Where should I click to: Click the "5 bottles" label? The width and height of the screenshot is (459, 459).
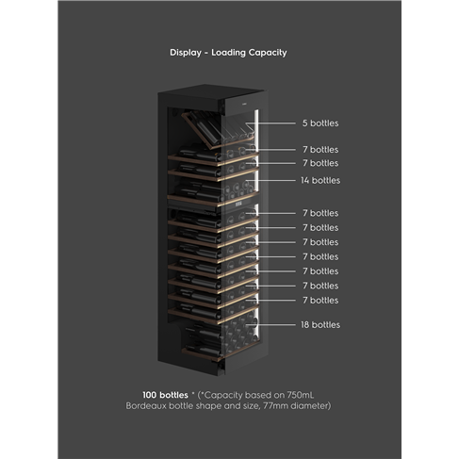pos(320,123)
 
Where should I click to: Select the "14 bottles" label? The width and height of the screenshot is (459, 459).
pos(320,180)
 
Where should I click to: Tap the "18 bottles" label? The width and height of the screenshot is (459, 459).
pos(320,324)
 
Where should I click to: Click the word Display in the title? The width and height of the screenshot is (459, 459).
pos(186,53)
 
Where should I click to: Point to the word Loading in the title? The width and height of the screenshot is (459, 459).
pos(228,53)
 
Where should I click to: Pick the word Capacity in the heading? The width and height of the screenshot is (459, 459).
pos(268,53)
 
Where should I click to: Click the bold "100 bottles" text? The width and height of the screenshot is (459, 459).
pos(165,395)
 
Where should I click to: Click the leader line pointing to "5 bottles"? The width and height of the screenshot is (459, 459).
pos(270,123)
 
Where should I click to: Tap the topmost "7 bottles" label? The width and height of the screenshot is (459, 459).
pos(320,150)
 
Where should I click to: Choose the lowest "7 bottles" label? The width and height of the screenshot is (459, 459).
pos(320,301)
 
